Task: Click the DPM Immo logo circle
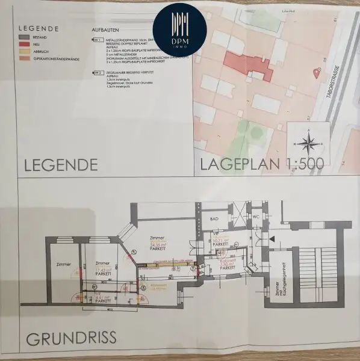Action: pyautogui.click(x=176, y=26)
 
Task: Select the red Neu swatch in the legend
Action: pyautogui.click(x=24, y=43)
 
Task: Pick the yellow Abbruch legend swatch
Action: pyautogui.click(x=24, y=51)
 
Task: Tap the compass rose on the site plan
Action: pyautogui.click(x=308, y=143)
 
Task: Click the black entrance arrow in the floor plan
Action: pyautogui.click(x=273, y=239)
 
